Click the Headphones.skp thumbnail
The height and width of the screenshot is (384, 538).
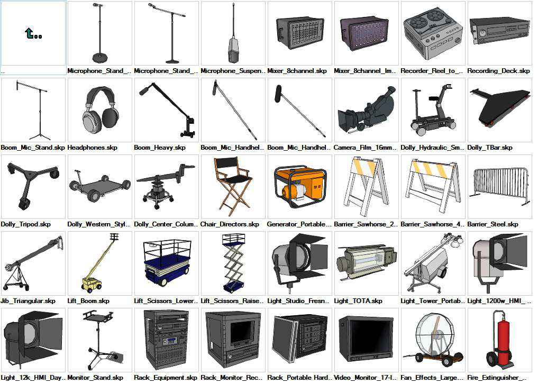[x=100, y=110]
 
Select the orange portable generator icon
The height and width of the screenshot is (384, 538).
[x=300, y=186]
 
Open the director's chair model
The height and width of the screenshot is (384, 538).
[x=233, y=186]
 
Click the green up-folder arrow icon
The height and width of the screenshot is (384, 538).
[x=33, y=34]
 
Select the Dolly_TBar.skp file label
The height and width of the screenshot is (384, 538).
[x=490, y=148]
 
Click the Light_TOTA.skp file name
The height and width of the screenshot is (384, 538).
[x=358, y=301]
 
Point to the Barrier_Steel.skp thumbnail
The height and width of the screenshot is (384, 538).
[x=499, y=186]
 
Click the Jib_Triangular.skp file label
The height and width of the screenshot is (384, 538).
[x=28, y=301]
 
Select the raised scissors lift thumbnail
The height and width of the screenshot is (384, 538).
[x=233, y=263]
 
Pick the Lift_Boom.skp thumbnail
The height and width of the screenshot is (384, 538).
[x=100, y=263]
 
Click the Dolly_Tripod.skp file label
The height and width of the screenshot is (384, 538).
[x=26, y=224]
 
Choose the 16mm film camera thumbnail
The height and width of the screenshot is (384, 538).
[x=367, y=110]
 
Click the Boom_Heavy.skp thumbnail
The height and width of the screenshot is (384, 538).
[x=167, y=110]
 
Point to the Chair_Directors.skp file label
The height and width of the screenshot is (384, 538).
[x=230, y=224]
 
